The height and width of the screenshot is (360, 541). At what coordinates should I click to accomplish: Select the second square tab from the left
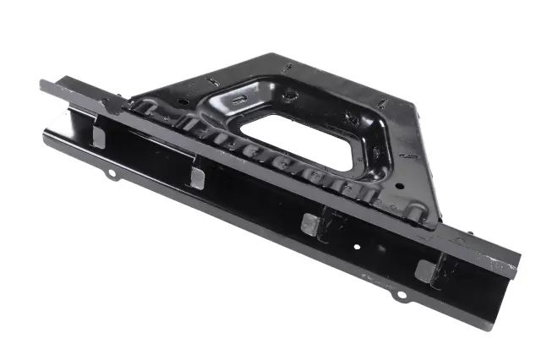[x=197, y=177]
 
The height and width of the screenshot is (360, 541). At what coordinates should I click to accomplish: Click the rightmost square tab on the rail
[x=425, y=270]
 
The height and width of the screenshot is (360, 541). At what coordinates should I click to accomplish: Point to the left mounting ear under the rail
[x=110, y=174]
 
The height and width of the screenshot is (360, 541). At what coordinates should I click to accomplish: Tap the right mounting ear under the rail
[x=401, y=295]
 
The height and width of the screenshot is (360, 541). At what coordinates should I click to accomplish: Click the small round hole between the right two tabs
[x=358, y=246]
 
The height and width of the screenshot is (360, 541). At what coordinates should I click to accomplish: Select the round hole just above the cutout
[x=290, y=97]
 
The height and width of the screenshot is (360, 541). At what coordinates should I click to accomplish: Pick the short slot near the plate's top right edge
[x=380, y=104]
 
